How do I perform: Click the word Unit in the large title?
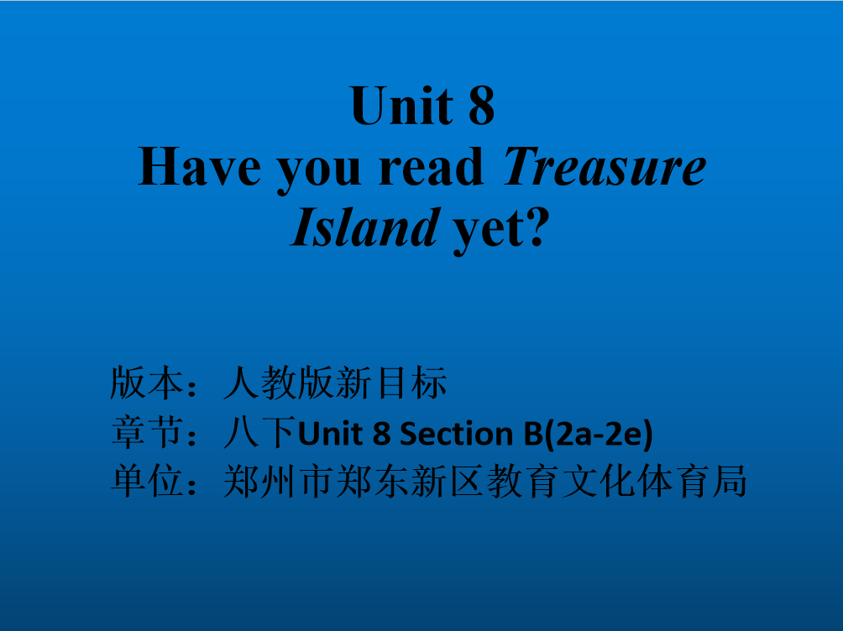(x=401, y=106)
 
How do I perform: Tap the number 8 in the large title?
(x=481, y=106)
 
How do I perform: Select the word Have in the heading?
(x=199, y=167)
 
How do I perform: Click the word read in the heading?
(x=432, y=167)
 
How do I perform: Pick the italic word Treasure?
(x=605, y=167)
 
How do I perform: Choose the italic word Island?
(x=365, y=227)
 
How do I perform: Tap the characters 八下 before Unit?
(x=260, y=433)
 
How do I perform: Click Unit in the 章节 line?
(x=330, y=433)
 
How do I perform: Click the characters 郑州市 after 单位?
(x=279, y=481)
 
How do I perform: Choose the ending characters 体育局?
(x=694, y=481)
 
